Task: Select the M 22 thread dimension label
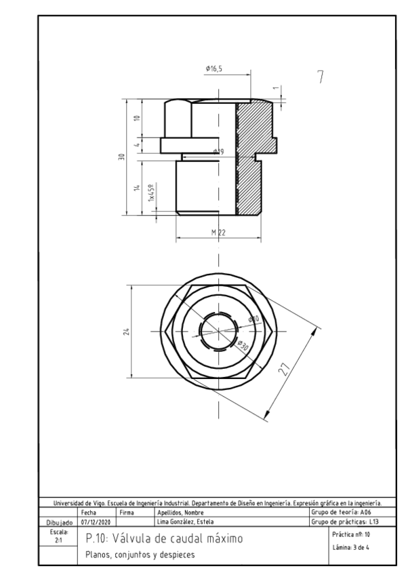[x=218, y=233]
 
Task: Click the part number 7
[x=321, y=77]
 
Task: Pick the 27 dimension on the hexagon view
[x=284, y=370]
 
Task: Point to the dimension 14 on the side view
[x=137, y=188]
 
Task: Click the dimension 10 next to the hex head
[x=137, y=119]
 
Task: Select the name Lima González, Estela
[x=183, y=521]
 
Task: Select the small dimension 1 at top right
[x=277, y=88]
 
